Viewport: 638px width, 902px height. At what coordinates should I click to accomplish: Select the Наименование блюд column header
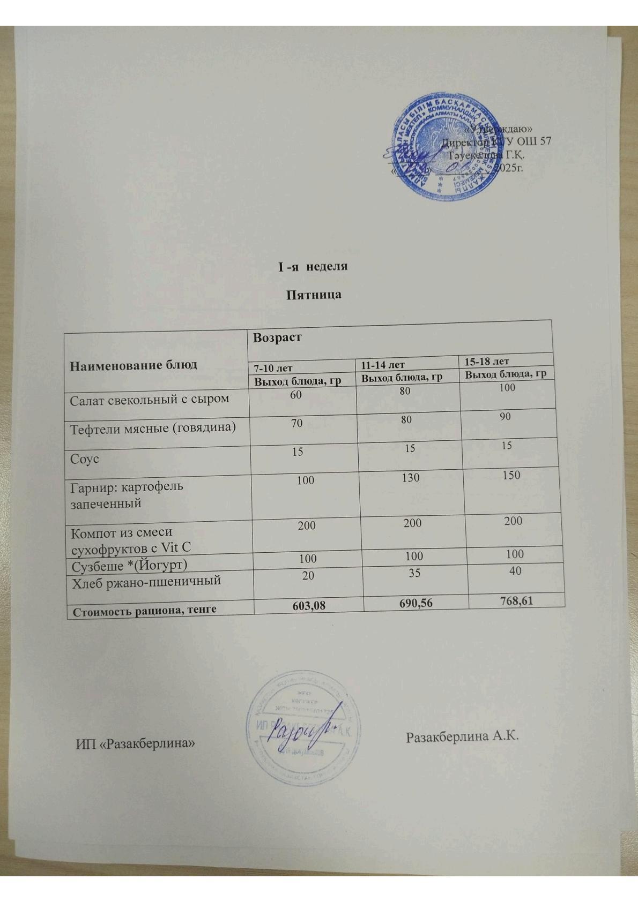133,365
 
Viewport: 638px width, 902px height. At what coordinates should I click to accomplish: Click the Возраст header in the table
278,337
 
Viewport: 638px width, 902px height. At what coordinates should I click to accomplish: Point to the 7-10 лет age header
274,368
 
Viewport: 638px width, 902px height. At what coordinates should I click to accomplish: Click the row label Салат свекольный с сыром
150,399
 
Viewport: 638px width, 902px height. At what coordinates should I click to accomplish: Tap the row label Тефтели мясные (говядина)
153,427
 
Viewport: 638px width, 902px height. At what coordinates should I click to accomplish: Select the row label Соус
85,459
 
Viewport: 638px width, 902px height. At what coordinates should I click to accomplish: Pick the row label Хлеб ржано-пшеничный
146,580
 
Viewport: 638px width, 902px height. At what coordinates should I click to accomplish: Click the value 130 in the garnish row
411,477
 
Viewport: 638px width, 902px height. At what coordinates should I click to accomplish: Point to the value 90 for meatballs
505,416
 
